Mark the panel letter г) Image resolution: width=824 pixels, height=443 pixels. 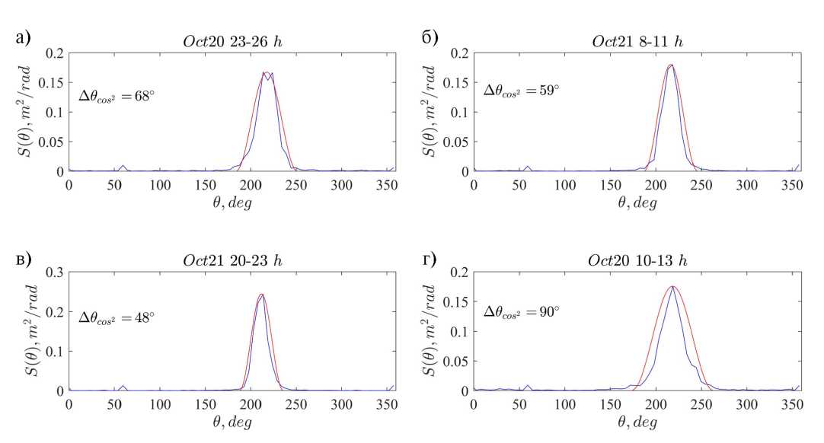pyautogui.click(x=430, y=258)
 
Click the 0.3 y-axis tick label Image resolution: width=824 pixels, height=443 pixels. pyautogui.click(x=55, y=272)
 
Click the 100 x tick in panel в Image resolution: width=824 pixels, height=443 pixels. pyautogui.click(x=160, y=404)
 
